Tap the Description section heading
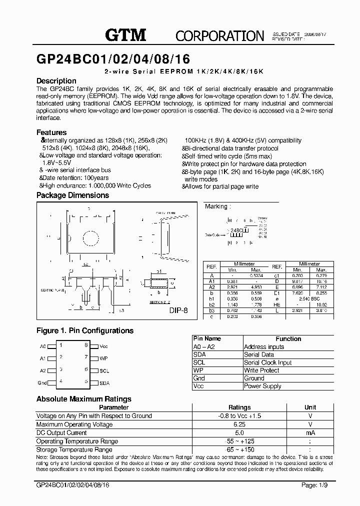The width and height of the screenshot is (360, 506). pyautogui.click(x=56, y=81)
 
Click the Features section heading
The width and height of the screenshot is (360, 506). pyautogui.click(x=51, y=132)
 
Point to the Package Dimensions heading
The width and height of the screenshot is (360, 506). pyautogui.click(x=72, y=195)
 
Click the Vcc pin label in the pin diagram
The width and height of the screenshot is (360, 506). pyautogui.click(x=103, y=346)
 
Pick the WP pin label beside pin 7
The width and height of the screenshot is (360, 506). pyautogui.click(x=103, y=358)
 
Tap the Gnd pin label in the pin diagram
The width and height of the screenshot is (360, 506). pyautogui.click(x=42, y=383)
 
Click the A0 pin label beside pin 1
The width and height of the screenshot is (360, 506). pyautogui.click(x=42, y=346)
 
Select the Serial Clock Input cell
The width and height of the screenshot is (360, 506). pyautogui.click(x=267, y=362)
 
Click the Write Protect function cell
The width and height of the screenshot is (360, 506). pyautogui.click(x=262, y=370)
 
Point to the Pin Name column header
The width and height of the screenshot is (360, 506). pyautogui.click(x=206, y=339)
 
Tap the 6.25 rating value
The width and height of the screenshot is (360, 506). pyautogui.click(x=239, y=424)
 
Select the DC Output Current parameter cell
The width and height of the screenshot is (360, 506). pyautogui.click(x=61, y=433)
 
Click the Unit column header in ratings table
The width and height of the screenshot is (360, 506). pyautogui.click(x=310, y=407)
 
